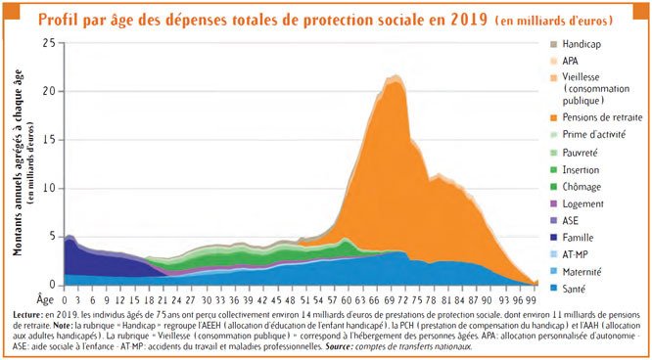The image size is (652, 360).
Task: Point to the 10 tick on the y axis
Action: pos(50,189)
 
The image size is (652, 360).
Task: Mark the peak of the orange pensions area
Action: pos(395,81)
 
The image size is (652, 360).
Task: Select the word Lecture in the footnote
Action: pos(33,315)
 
